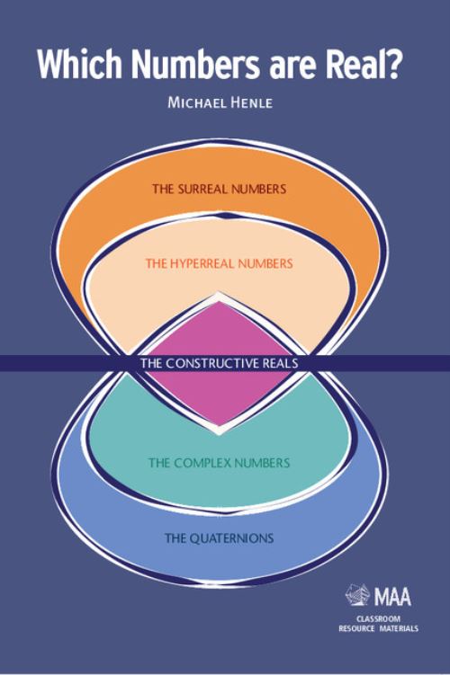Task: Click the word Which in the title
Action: pos(80,64)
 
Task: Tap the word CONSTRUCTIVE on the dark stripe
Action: pos(211,363)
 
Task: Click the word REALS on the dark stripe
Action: pos(280,363)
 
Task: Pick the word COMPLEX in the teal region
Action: pos(204,463)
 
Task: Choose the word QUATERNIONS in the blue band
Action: pos(232,538)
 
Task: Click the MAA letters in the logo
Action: pos(392,597)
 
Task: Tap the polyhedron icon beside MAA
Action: pos(358,594)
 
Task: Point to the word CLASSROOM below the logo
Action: pos(378,619)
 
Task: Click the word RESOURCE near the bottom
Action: pos(357,628)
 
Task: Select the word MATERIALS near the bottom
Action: pos(399,628)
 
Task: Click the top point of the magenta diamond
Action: pos(220,301)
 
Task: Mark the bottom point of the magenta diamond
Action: pos(220,426)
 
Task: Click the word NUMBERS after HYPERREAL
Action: pos(265,263)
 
